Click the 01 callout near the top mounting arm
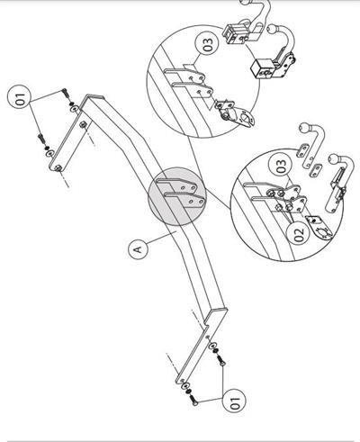pyautogui.click(x=20, y=99)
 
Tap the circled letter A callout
pyautogui.click(x=139, y=248)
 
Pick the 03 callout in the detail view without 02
pyautogui.click(x=208, y=44)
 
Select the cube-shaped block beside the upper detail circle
pyautogui.click(x=261, y=68)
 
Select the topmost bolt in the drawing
pyautogui.click(x=65, y=92)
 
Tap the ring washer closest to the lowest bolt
pyautogui.click(x=185, y=386)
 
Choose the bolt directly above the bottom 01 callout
pyautogui.click(x=220, y=360)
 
